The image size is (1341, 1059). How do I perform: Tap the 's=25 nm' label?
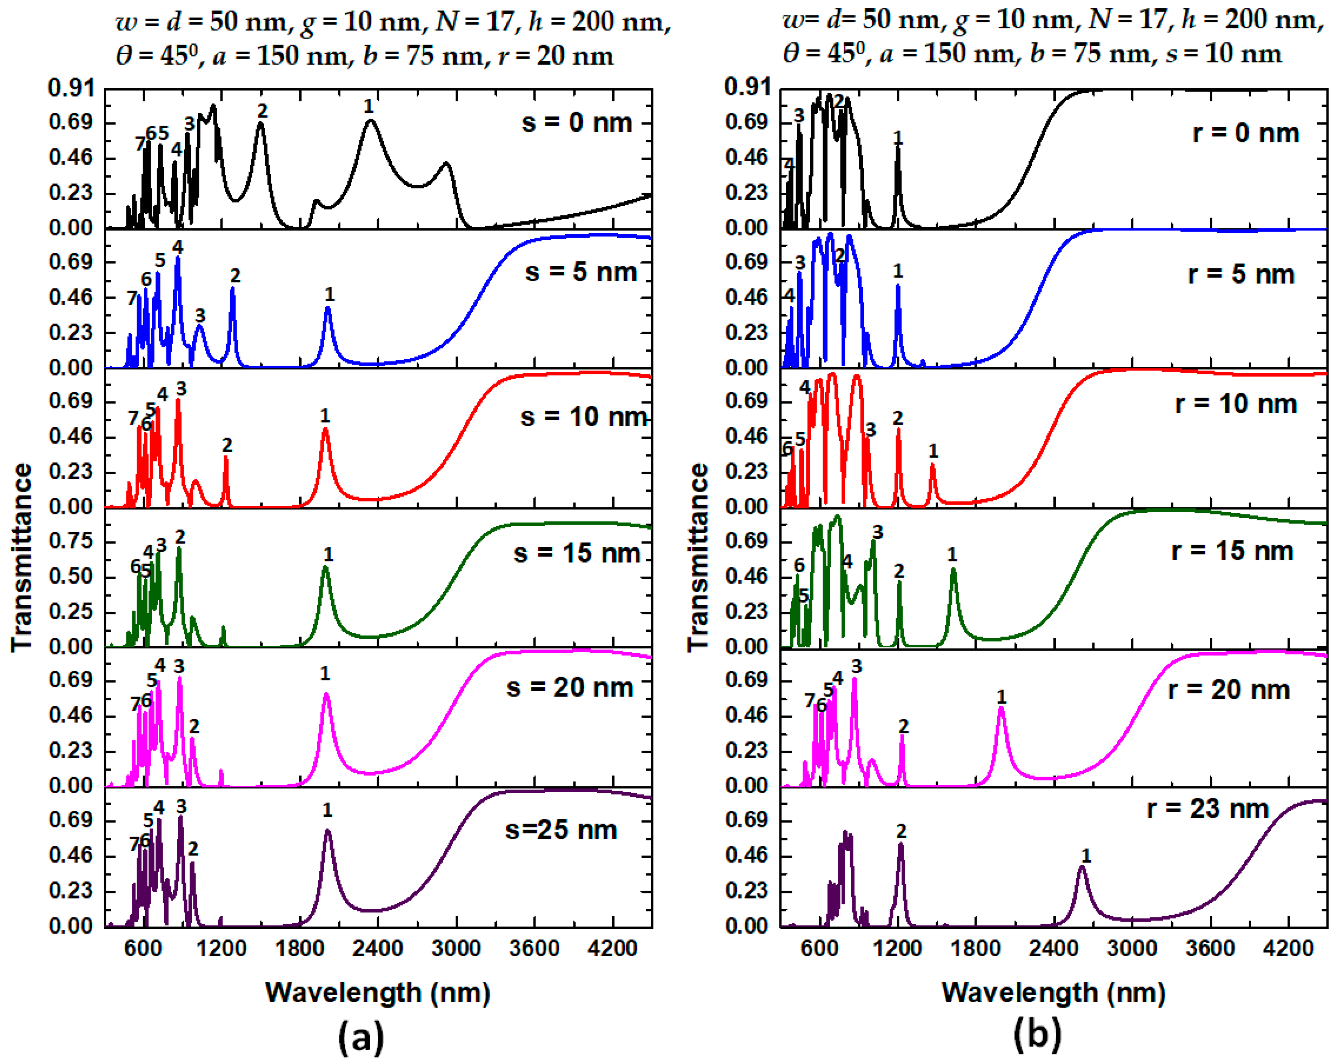tap(561, 830)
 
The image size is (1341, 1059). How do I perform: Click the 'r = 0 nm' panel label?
tap(1246, 133)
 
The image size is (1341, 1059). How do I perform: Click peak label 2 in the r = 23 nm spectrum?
tap(901, 831)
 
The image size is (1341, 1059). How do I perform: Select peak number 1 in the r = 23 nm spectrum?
tap(1086, 856)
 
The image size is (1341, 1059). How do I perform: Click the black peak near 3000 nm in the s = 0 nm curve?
tap(446, 164)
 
